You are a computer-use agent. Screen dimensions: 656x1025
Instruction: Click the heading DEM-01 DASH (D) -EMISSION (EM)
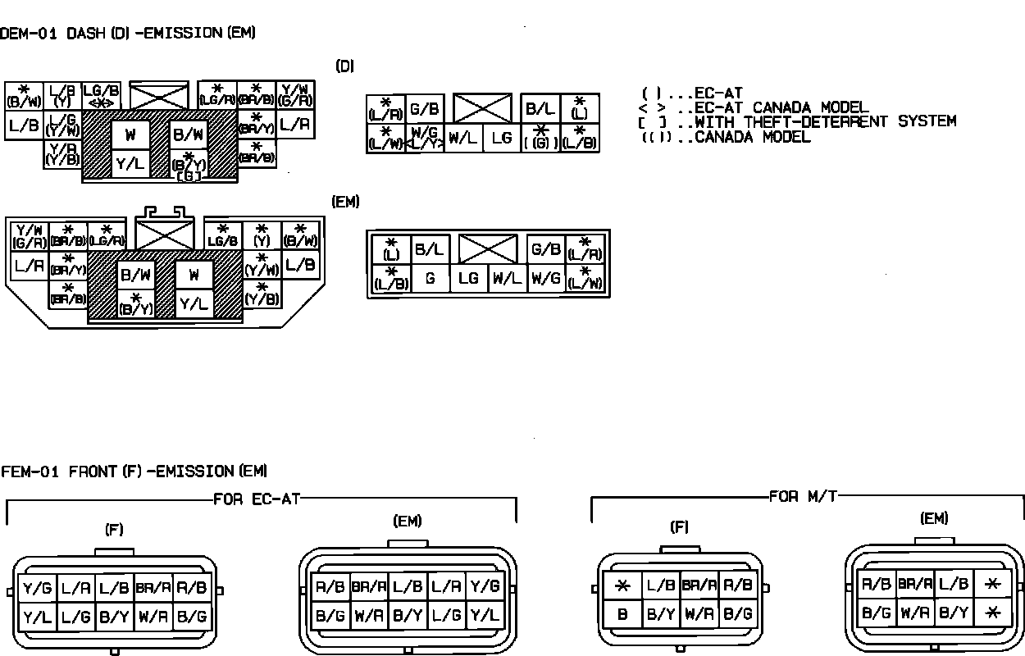128,34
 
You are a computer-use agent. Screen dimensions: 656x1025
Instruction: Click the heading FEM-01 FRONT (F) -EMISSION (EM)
134,471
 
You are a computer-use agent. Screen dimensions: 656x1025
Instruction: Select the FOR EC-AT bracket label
257,499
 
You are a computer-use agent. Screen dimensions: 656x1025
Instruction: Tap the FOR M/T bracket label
804,496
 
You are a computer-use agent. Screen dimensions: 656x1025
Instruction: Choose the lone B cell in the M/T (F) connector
622,613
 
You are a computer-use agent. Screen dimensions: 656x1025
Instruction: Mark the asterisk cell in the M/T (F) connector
622,586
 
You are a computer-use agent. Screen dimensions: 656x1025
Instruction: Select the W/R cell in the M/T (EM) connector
916,611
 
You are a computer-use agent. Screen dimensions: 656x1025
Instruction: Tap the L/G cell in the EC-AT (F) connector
75,616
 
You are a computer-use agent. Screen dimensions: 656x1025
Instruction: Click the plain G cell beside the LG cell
430,279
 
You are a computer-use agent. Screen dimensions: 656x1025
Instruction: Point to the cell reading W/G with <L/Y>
424,137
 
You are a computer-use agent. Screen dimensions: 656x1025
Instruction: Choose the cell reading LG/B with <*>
102,96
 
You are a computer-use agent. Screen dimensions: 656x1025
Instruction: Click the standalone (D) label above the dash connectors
344,66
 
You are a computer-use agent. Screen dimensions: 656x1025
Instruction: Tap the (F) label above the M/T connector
679,527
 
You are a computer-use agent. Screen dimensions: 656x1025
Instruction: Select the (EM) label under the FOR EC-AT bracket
408,522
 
